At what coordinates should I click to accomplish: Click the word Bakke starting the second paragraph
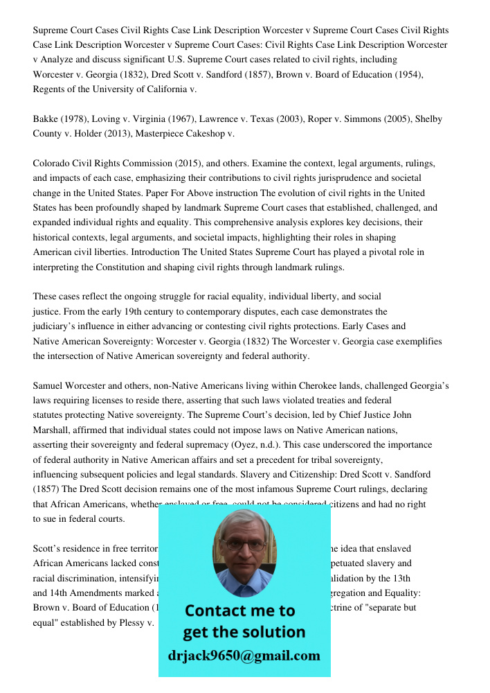46,119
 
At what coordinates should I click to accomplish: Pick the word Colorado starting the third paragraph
52,164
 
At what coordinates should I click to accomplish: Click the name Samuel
48,385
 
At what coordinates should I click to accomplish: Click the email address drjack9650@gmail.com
244,656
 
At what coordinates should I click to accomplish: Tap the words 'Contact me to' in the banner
239,611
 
